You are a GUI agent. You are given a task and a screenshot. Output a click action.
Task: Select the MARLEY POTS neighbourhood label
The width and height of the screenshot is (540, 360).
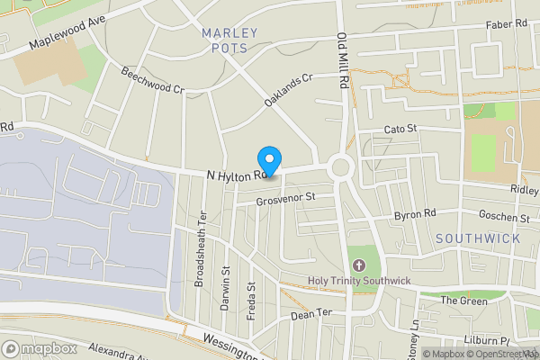(x=229, y=40)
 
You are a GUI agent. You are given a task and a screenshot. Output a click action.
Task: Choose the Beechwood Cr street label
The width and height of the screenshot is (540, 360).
(x=152, y=82)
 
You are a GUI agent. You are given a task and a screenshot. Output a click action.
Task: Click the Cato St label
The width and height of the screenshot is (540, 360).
(x=400, y=130)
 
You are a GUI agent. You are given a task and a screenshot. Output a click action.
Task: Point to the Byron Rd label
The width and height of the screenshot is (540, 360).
(x=415, y=215)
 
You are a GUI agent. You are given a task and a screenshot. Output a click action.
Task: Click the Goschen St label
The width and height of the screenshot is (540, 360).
(x=505, y=218)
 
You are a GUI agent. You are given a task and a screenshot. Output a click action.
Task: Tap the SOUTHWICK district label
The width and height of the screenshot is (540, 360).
(x=477, y=238)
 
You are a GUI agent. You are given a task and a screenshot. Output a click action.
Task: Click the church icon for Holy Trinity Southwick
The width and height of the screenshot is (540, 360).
(x=359, y=265)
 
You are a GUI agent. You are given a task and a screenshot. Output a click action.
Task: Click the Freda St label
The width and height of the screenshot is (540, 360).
(x=252, y=301)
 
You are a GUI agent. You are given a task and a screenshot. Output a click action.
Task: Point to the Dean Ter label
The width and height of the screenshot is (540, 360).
(x=311, y=316)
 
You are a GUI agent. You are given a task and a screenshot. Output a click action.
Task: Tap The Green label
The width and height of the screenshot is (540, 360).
(x=464, y=301)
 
